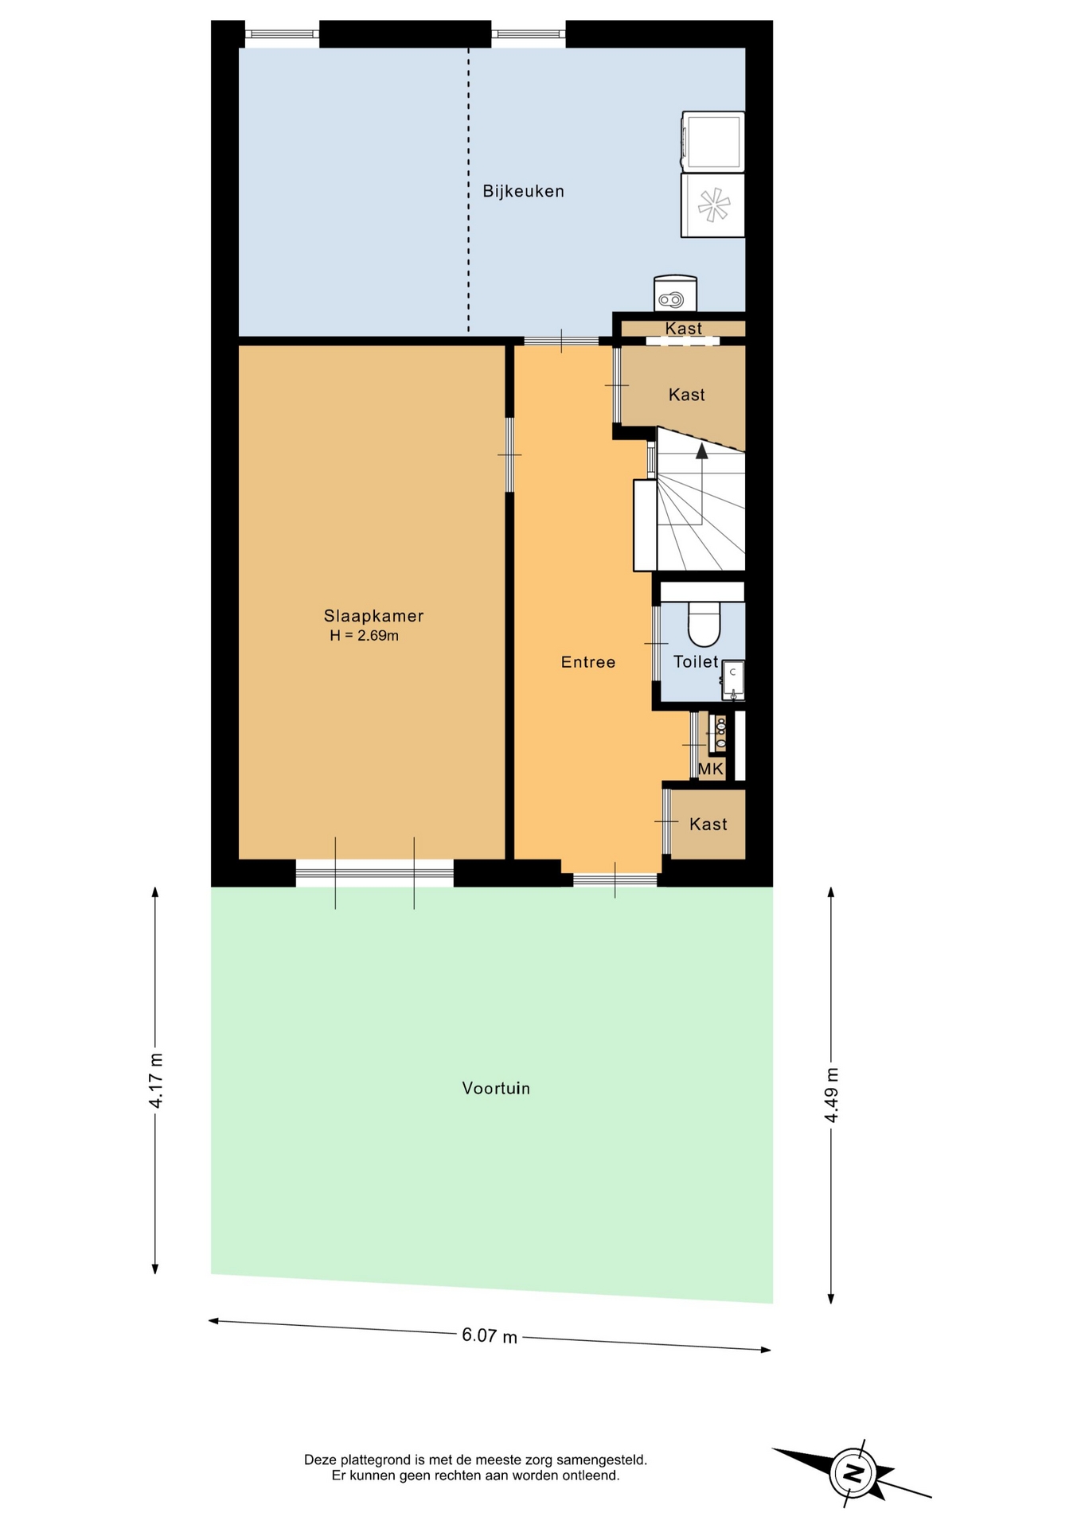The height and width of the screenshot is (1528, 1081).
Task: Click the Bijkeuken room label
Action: click(523, 191)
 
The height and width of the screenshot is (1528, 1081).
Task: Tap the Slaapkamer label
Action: click(373, 616)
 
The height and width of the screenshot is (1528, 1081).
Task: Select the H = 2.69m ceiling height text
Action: click(364, 636)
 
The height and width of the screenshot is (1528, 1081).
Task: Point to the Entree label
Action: click(588, 662)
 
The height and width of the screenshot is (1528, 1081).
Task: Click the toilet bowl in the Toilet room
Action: click(704, 623)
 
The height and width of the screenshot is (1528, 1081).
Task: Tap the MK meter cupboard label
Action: click(711, 769)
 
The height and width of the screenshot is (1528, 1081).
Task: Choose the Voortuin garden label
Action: click(496, 1088)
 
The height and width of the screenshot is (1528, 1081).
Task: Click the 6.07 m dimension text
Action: click(490, 1335)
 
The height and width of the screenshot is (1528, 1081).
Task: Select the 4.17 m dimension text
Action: click(156, 1080)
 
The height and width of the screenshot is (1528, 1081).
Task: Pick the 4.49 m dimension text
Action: click(831, 1094)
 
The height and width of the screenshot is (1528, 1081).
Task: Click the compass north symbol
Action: click(853, 1472)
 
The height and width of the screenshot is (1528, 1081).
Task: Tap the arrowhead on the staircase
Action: click(701, 451)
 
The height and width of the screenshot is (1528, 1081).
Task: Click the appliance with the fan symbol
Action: click(712, 205)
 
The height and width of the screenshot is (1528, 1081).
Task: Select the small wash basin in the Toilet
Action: click(733, 680)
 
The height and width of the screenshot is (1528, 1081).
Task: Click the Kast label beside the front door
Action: click(708, 824)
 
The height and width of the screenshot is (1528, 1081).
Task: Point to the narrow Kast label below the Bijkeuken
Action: click(684, 329)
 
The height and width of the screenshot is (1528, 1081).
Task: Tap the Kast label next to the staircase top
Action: click(687, 395)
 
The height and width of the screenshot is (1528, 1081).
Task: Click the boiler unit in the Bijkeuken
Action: click(675, 294)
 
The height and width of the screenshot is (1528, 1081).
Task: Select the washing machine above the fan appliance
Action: click(712, 142)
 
